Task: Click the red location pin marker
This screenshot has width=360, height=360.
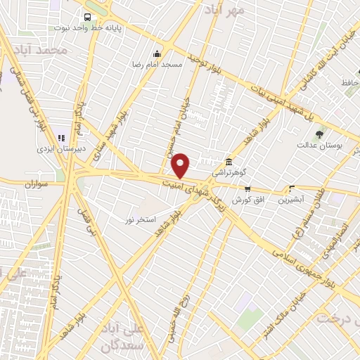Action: click(181, 165)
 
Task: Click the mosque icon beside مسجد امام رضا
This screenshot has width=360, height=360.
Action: click(157, 53)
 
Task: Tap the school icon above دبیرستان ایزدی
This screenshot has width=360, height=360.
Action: click(61, 136)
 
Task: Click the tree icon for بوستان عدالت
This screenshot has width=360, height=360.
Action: click(321, 134)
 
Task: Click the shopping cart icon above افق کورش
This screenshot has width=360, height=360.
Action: click(247, 188)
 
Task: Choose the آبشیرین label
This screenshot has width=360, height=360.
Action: click(292, 200)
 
